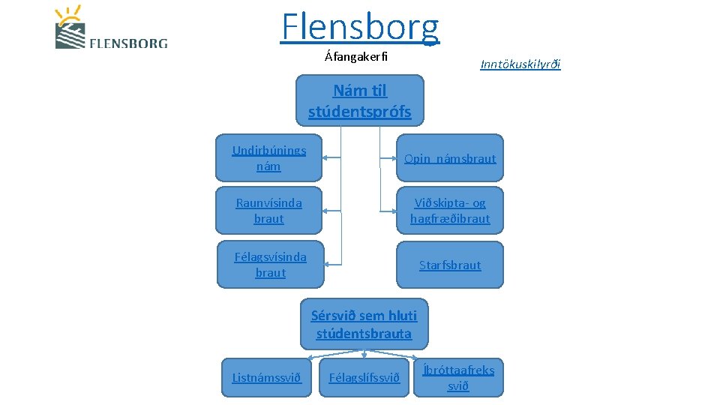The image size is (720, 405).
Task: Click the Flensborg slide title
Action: click(361, 26)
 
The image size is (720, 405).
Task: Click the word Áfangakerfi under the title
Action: click(356, 57)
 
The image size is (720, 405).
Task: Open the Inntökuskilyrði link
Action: click(520, 64)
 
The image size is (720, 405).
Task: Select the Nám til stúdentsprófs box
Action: click(360, 100)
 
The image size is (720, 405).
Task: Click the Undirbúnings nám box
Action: click(268, 157)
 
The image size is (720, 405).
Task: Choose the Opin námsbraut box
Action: click(450, 157)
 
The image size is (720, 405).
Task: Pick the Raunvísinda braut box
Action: click(268, 211)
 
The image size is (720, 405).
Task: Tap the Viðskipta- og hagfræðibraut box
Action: click(450, 211)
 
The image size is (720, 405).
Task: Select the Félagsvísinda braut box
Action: click(270, 265)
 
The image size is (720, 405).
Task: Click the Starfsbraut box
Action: click(450, 265)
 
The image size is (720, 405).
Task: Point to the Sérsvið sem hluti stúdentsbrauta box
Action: click(364, 324)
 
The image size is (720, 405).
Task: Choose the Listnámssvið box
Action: click(266, 377)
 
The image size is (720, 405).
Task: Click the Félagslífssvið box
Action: click(364, 377)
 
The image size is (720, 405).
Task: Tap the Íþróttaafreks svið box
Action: click(458, 377)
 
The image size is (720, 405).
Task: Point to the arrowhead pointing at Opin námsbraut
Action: click(393, 158)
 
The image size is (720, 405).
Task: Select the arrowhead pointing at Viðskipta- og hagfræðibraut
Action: click(393, 211)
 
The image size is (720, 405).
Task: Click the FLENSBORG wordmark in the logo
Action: click(128, 43)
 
